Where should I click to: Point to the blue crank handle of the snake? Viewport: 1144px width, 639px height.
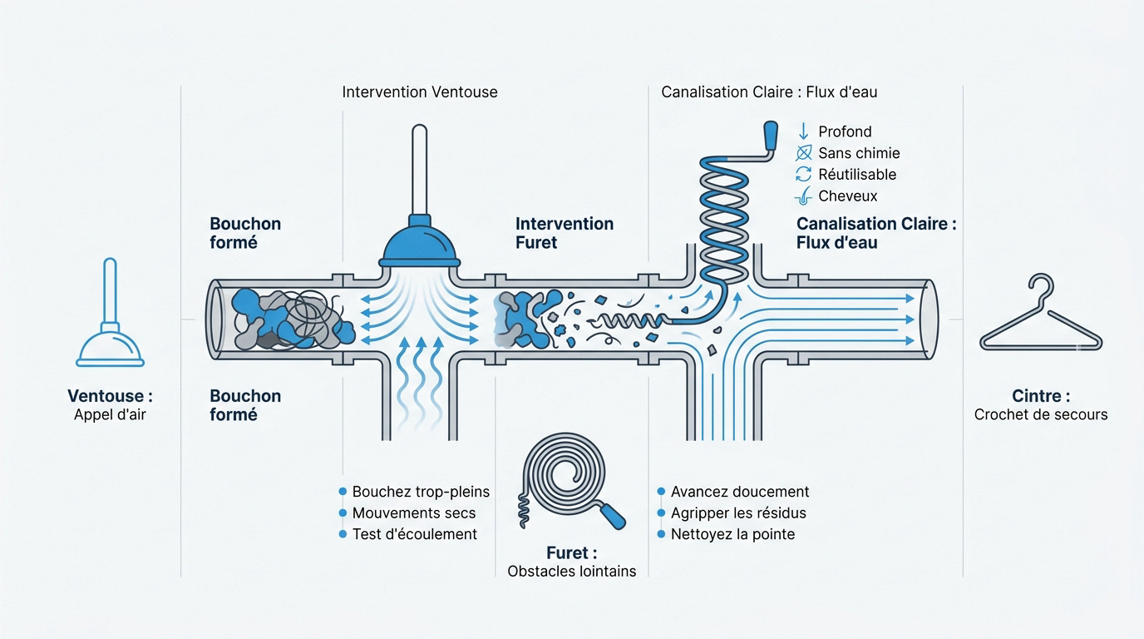click(770, 136)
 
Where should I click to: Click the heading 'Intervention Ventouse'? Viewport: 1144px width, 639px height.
click(420, 92)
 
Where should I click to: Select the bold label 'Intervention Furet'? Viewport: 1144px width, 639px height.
click(565, 233)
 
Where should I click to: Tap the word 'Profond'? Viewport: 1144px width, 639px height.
click(845, 131)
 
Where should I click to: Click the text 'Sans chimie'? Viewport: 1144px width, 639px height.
click(859, 153)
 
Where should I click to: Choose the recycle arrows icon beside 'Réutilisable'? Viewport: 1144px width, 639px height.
click(803, 175)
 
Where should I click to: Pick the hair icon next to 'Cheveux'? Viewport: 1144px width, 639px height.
click(803, 196)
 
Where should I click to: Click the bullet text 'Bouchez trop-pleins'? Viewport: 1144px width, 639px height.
click(421, 491)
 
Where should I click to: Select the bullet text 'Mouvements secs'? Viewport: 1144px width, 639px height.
click(414, 513)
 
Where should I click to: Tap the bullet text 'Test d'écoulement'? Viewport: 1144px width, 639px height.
click(415, 534)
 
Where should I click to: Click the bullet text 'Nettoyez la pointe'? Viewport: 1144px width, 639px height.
click(733, 534)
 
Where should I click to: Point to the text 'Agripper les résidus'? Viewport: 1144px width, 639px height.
click(738, 513)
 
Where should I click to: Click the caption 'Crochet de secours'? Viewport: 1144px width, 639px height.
click(1041, 414)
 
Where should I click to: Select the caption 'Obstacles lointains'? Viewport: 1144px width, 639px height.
click(571, 571)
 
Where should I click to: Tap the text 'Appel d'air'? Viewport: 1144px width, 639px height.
click(110, 414)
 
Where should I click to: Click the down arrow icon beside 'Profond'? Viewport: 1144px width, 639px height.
click(803, 131)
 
